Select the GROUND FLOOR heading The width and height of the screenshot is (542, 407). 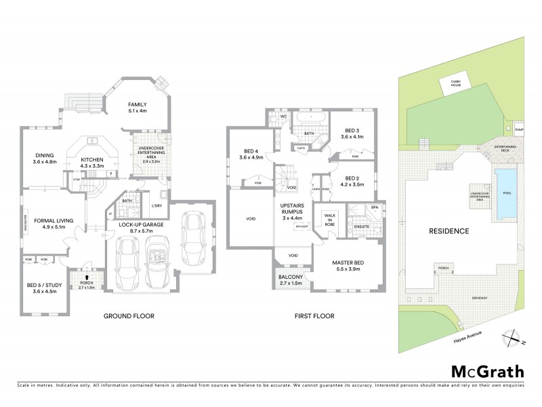(129, 316)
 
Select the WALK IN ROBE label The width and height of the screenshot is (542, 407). (329, 218)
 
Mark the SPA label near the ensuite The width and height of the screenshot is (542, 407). (374, 208)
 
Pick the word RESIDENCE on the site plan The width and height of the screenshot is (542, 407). (449, 231)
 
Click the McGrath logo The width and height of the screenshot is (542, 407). (487, 372)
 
